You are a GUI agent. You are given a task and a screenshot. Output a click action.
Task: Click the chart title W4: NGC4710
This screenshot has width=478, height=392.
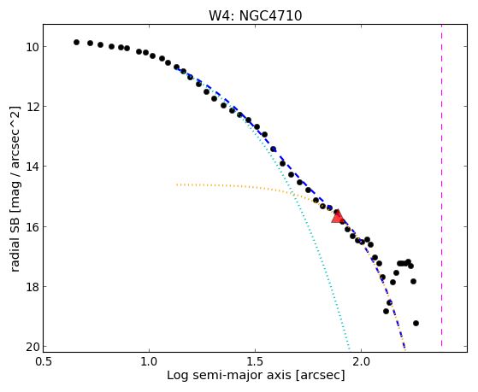(255, 16)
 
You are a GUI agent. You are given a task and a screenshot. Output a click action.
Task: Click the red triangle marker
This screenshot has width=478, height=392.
(337, 217)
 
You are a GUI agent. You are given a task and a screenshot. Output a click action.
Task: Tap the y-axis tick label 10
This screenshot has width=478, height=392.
(32, 47)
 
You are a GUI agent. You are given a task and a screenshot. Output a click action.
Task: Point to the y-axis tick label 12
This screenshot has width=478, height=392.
(32, 107)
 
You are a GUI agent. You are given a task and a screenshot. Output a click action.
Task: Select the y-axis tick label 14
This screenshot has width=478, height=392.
(32, 167)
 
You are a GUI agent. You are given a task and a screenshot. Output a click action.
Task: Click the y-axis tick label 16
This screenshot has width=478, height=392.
(32, 227)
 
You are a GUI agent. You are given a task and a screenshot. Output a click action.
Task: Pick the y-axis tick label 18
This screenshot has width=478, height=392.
(32, 287)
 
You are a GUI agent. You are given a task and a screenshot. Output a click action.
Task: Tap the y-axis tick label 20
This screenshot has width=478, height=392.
(32, 347)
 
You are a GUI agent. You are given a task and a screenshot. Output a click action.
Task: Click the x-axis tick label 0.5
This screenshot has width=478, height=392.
(44, 362)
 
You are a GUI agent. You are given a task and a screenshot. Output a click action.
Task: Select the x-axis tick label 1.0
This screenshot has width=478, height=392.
(149, 362)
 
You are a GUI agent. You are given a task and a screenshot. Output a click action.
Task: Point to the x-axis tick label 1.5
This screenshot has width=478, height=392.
(255, 362)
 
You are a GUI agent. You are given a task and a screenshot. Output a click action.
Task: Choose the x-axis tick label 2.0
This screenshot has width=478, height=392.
(361, 362)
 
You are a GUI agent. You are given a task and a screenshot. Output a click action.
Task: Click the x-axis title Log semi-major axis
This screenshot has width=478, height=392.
(229, 376)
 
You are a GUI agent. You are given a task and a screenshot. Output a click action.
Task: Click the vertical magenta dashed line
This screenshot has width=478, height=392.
(441, 185)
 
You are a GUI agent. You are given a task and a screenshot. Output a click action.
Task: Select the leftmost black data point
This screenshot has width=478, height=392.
(76, 43)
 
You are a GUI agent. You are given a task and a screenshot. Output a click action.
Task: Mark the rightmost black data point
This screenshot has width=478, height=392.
(416, 323)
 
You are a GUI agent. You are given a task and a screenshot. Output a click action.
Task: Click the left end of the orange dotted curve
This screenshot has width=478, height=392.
(177, 184)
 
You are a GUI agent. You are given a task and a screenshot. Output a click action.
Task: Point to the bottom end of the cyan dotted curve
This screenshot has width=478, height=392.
(350, 349)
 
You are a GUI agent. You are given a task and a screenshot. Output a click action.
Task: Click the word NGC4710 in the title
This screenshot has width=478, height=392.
(271, 16)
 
